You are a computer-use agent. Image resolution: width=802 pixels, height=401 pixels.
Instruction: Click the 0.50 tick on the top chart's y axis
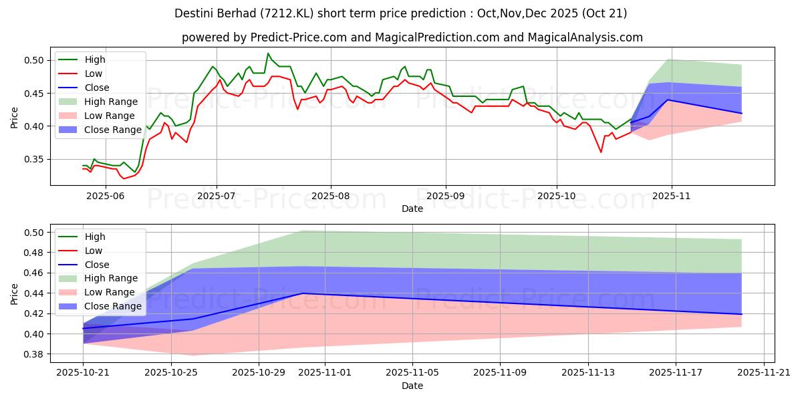tap(33, 60)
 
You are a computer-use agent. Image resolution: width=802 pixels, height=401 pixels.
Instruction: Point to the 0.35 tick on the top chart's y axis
tap(33, 159)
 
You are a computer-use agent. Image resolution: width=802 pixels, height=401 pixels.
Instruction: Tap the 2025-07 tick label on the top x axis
tap(217, 196)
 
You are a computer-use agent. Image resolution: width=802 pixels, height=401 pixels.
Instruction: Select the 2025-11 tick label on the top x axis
tap(672, 196)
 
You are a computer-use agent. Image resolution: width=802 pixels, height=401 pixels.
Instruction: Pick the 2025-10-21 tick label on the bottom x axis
tap(83, 374)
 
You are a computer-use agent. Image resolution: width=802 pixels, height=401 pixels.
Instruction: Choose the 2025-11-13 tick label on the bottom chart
tap(588, 374)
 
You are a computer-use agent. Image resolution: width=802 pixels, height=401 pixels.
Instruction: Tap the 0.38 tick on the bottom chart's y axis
tap(33, 354)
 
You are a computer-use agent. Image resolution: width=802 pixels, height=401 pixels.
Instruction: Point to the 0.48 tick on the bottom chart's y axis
tap(33, 253)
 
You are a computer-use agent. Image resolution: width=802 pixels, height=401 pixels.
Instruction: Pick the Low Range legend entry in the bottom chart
tap(111, 292)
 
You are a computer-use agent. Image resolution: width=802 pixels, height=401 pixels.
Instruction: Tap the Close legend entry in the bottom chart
tap(98, 264)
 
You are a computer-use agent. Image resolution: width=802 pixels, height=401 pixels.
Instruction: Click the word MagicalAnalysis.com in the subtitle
tap(585, 37)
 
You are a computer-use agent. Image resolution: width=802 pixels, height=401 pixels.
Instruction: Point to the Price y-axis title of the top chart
tap(15, 118)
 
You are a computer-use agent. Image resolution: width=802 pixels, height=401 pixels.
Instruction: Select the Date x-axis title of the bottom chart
tap(412, 386)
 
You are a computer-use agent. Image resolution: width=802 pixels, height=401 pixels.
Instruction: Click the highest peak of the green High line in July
tap(268, 53)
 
